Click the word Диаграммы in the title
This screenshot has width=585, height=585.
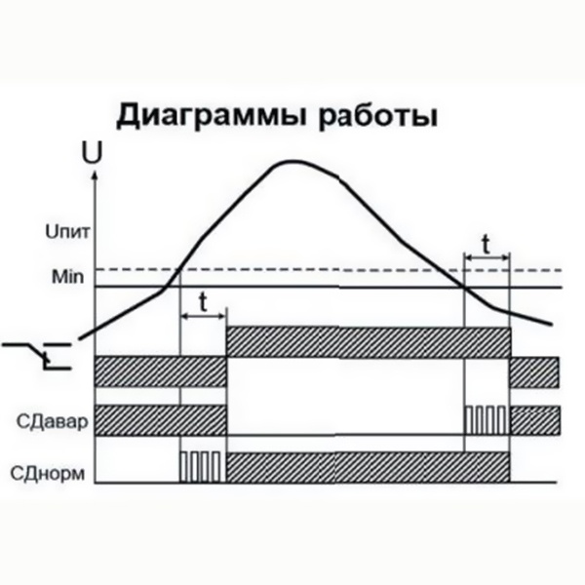coord(212,116)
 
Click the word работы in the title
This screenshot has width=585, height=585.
coord(377,116)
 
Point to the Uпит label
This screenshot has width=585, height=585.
coord(67,232)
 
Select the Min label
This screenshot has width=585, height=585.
coord(67,277)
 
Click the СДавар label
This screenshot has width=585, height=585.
coord(53,422)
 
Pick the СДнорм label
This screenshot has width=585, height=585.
coord(48,474)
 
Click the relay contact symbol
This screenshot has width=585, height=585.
coord(37,356)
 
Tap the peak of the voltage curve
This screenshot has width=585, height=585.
coord(292,161)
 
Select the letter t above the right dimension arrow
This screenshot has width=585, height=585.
coord(486,245)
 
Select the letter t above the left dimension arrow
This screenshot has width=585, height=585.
coord(203,302)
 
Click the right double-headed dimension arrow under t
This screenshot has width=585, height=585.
coord(487,257)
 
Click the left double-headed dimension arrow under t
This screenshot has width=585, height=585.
coord(203,316)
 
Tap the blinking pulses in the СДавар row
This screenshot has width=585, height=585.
coord(486,420)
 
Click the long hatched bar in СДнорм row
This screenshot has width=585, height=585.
coord(368,467)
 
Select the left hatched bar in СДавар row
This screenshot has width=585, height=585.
coord(161,420)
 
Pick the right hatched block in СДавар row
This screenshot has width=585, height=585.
coord(535,420)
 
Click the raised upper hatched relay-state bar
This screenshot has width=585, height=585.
coord(368,342)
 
